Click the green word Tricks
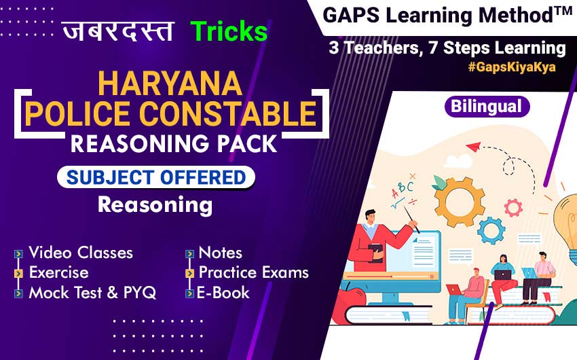[229, 31]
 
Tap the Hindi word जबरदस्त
[117, 31]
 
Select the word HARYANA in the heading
[170, 84]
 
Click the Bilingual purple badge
[487, 107]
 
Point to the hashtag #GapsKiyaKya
[512, 67]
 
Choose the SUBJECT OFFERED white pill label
[156, 177]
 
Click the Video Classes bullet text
[81, 253]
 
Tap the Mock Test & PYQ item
[92, 293]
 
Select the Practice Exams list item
[254, 272]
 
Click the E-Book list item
[223, 293]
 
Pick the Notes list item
[221, 253]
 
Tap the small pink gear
[513, 207]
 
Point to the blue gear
[491, 231]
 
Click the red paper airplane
[474, 147]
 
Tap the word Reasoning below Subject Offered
[155, 205]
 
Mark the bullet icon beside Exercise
[18, 274]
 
